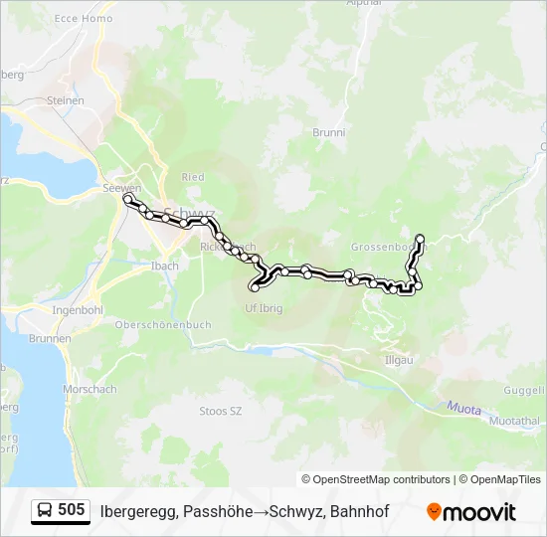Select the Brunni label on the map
[328, 132]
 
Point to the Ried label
[193, 177]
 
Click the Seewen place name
[121, 188]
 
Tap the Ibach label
[165, 266]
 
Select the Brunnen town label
[52, 338]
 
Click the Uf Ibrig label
[264, 308]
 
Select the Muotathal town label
[515, 422]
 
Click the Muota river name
[459, 405]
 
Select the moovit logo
[471, 512]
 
